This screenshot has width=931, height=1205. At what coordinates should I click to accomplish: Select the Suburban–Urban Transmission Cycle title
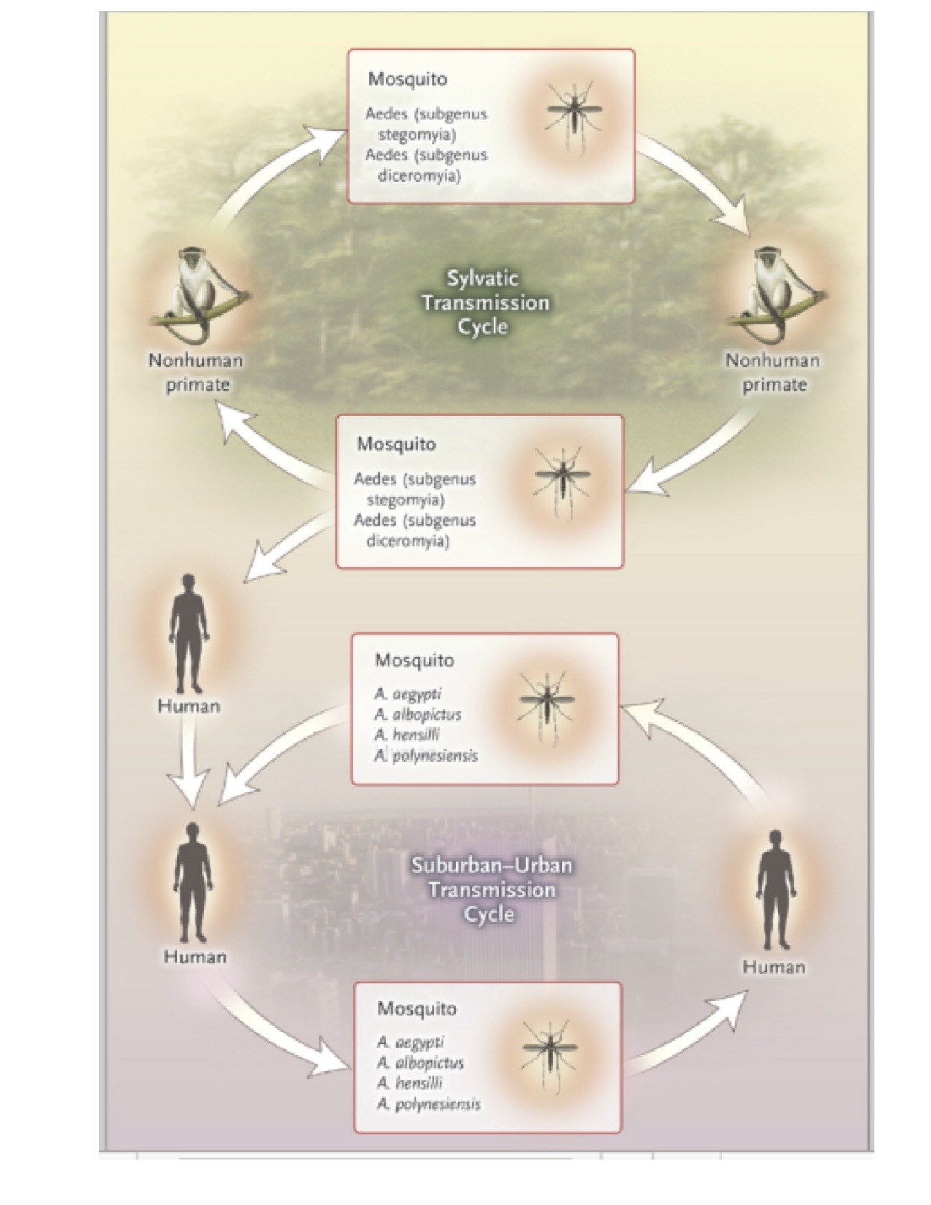click(x=491, y=890)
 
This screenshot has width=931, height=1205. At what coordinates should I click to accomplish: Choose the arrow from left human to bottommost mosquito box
click(x=270, y=1037)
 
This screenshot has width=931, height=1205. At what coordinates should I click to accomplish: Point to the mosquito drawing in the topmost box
click(x=575, y=117)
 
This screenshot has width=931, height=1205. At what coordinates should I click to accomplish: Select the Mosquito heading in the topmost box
click(x=407, y=79)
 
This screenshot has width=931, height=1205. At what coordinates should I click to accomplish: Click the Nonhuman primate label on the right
click(x=773, y=372)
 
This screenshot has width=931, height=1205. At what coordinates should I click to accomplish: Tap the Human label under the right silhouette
click(x=774, y=967)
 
